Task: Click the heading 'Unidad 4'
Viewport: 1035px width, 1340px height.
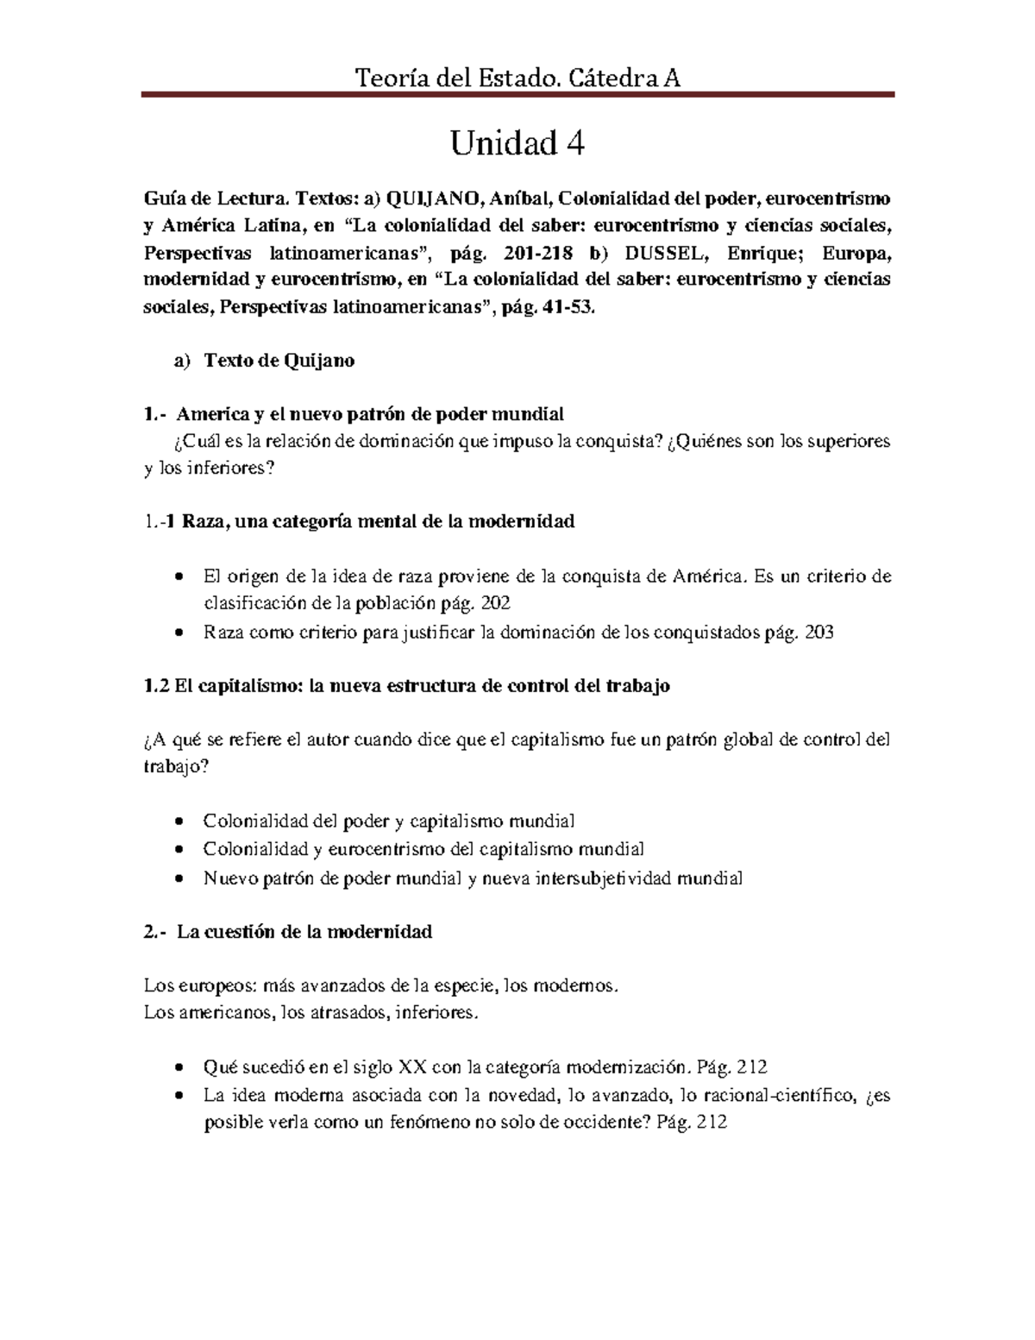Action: coord(517,144)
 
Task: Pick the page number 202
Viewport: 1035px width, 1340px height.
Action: coord(505,603)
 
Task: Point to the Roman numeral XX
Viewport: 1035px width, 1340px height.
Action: coord(414,1066)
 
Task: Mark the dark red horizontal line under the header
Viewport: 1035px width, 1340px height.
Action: coord(517,96)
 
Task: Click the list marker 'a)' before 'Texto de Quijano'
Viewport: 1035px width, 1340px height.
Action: coord(182,361)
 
